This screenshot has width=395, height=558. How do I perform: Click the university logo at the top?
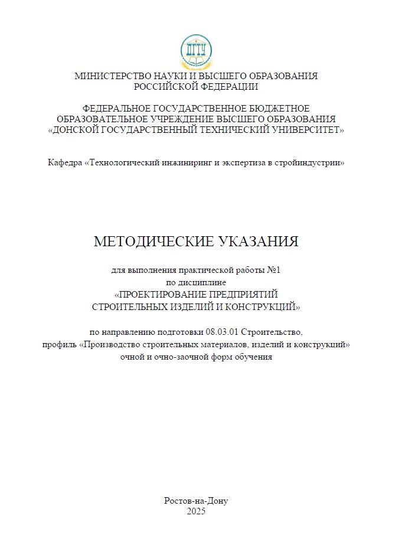(x=196, y=52)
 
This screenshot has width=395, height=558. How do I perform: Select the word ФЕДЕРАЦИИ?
(x=228, y=86)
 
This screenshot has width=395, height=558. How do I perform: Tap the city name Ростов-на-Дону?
(x=196, y=501)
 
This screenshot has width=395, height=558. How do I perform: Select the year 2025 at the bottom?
(x=196, y=511)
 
